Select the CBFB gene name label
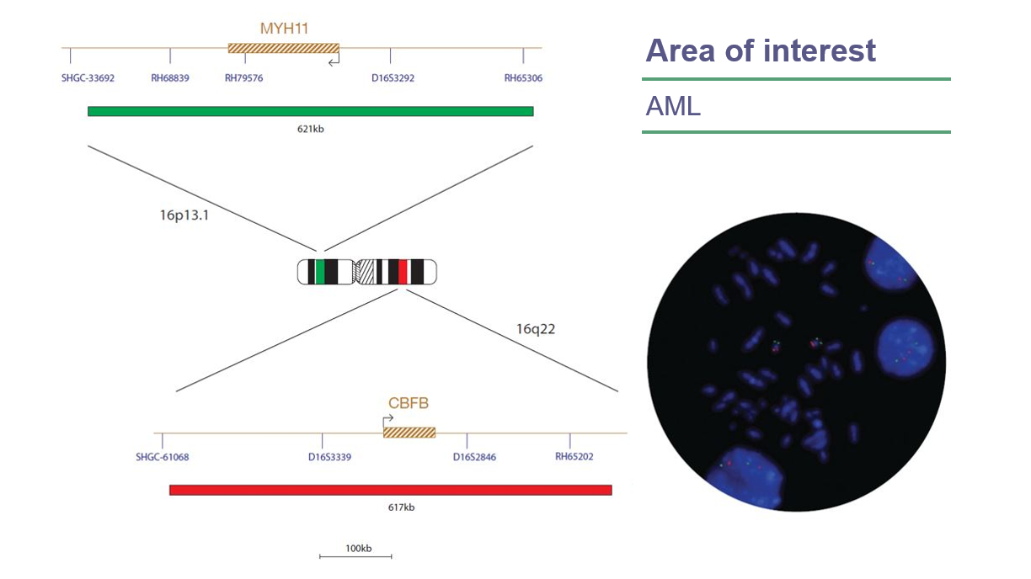pyautogui.click(x=409, y=403)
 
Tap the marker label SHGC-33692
pyautogui.click(x=88, y=78)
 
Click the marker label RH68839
pyautogui.click(x=170, y=78)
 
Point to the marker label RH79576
pyautogui.click(x=244, y=78)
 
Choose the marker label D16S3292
pyautogui.click(x=393, y=78)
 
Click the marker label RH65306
pyautogui.click(x=523, y=78)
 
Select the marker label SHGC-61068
pyautogui.click(x=162, y=458)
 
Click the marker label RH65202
pyautogui.click(x=574, y=457)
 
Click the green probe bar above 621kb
pyautogui.click(x=310, y=111)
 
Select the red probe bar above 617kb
pyautogui.click(x=390, y=490)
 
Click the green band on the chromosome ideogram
pyautogui.click(x=319, y=272)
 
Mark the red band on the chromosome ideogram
pyautogui.click(x=403, y=272)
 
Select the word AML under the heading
pyautogui.click(x=673, y=107)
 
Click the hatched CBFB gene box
pyautogui.click(x=409, y=432)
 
